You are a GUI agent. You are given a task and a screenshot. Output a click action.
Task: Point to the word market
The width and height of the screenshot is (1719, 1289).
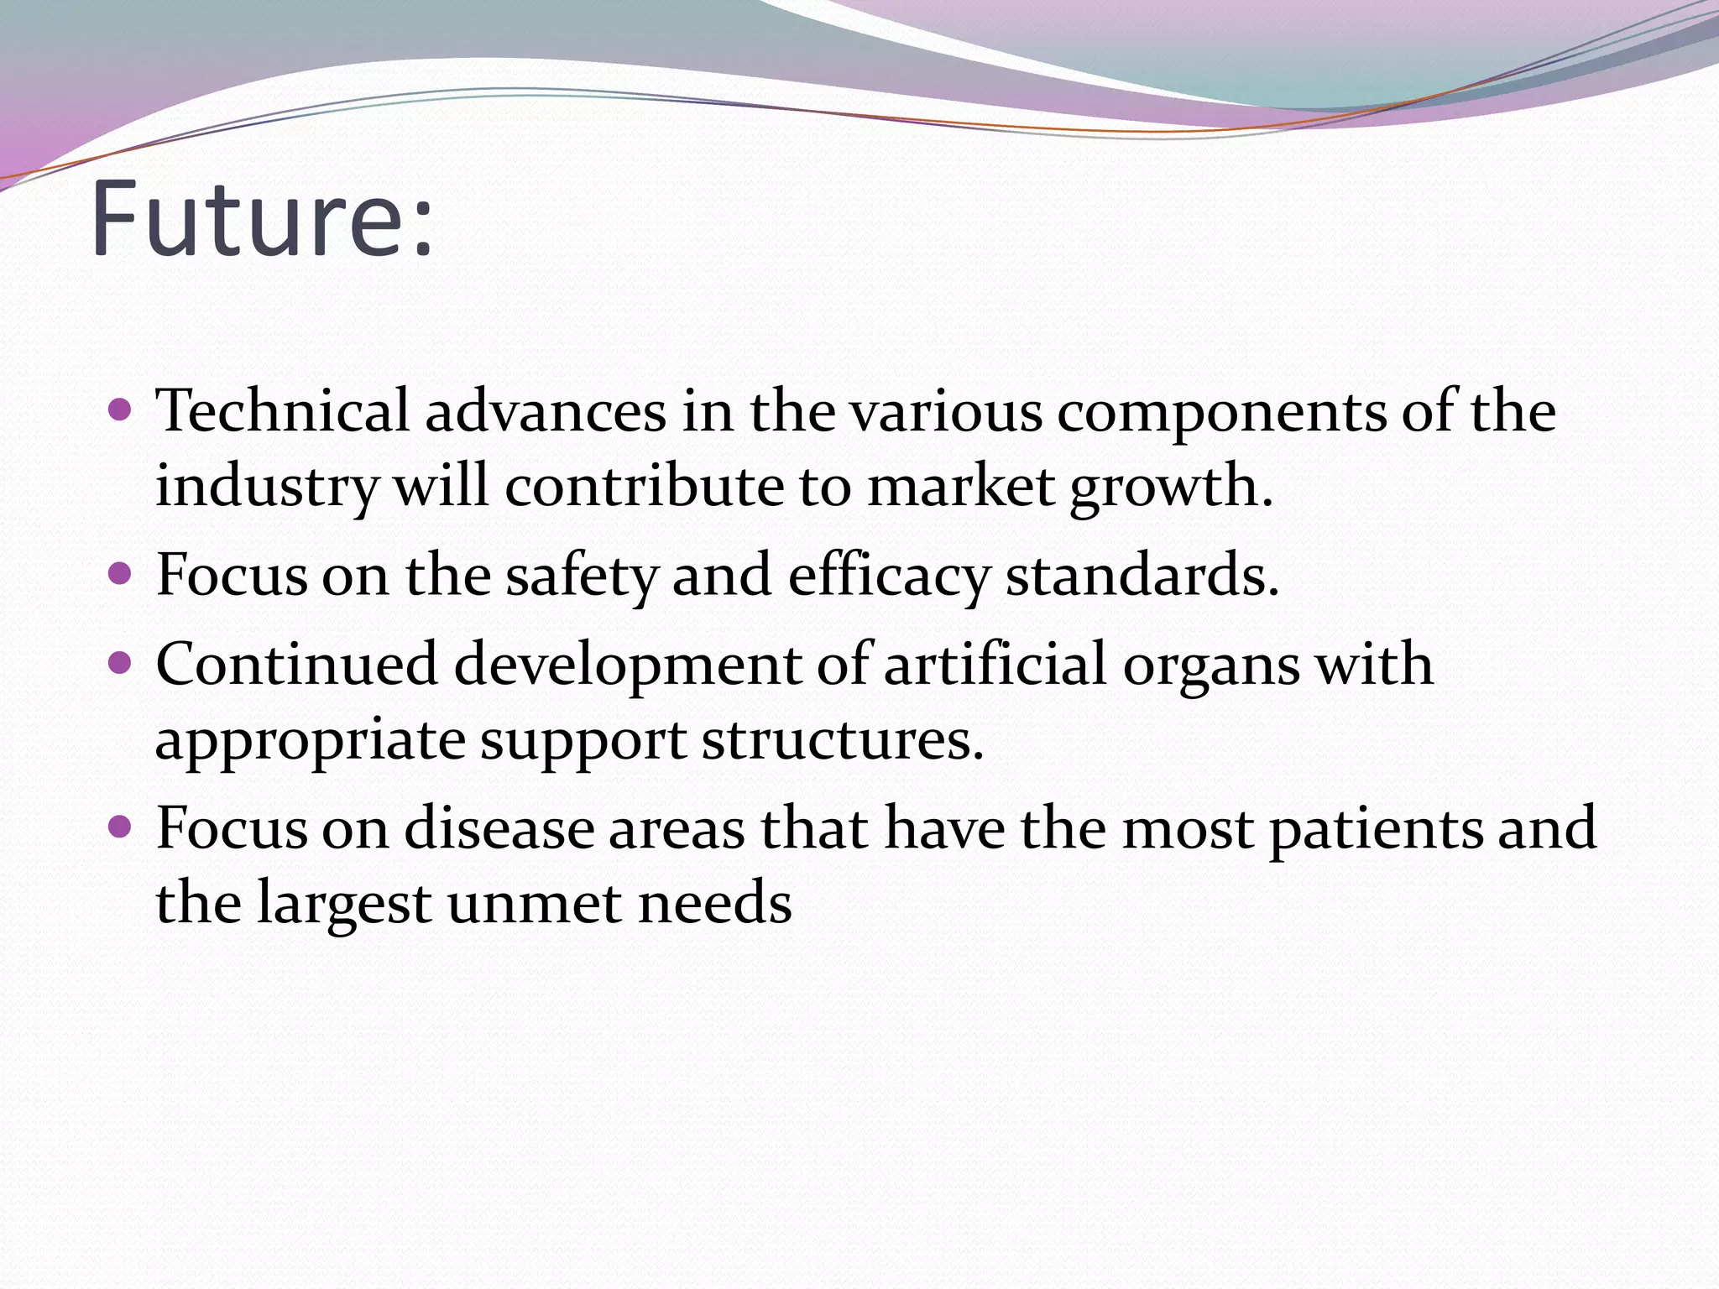click(x=961, y=487)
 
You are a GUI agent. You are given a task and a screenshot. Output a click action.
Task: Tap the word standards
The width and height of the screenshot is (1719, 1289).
click(x=1142, y=576)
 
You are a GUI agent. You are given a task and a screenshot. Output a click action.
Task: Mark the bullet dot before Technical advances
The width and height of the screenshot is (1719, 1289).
click(x=121, y=410)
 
